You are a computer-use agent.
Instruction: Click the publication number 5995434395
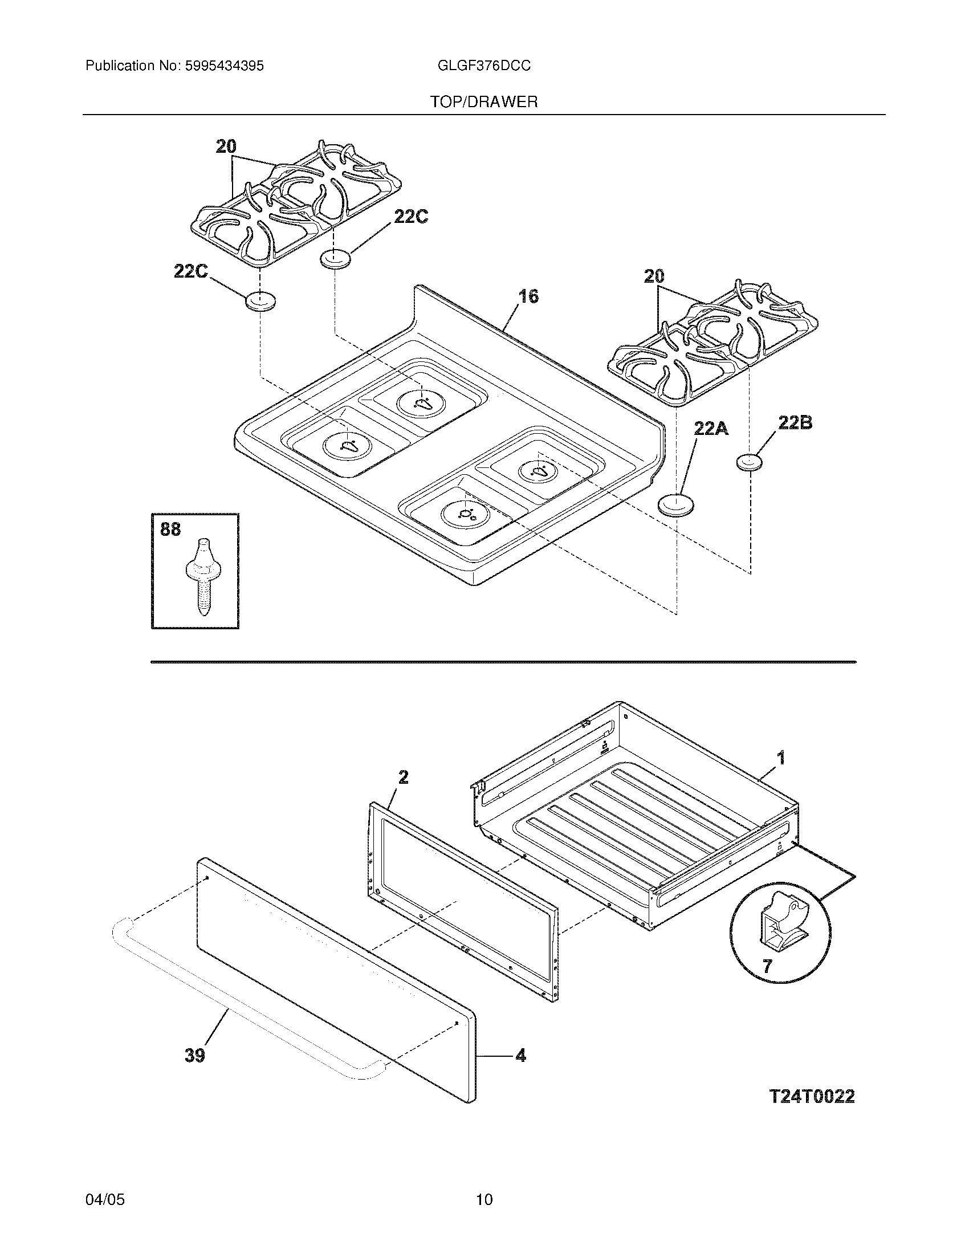click(224, 66)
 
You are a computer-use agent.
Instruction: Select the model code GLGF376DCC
click(483, 66)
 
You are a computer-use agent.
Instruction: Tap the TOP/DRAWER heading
click(484, 102)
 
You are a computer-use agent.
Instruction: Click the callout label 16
click(528, 296)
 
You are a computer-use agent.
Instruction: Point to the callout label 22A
click(711, 427)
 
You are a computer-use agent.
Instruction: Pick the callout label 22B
click(795, 424)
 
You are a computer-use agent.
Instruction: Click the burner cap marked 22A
click(675, 504)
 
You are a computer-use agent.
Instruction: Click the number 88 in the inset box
click(170, 529)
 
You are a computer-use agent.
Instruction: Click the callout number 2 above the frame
click(404, 777)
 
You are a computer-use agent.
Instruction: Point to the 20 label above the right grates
click(654, 277)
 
